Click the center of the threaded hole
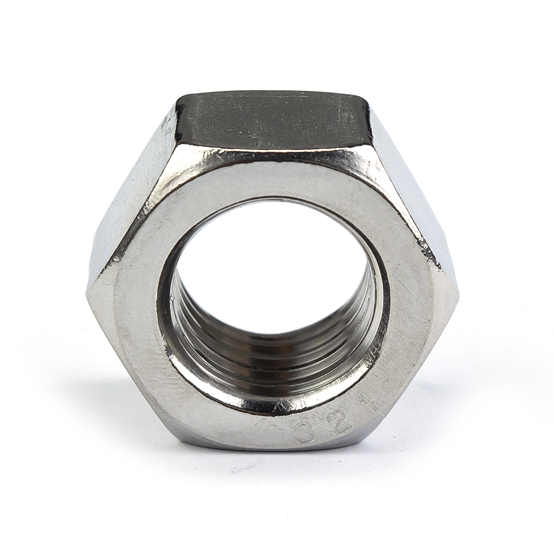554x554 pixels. (275, 271)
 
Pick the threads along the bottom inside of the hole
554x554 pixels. (277, 363)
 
